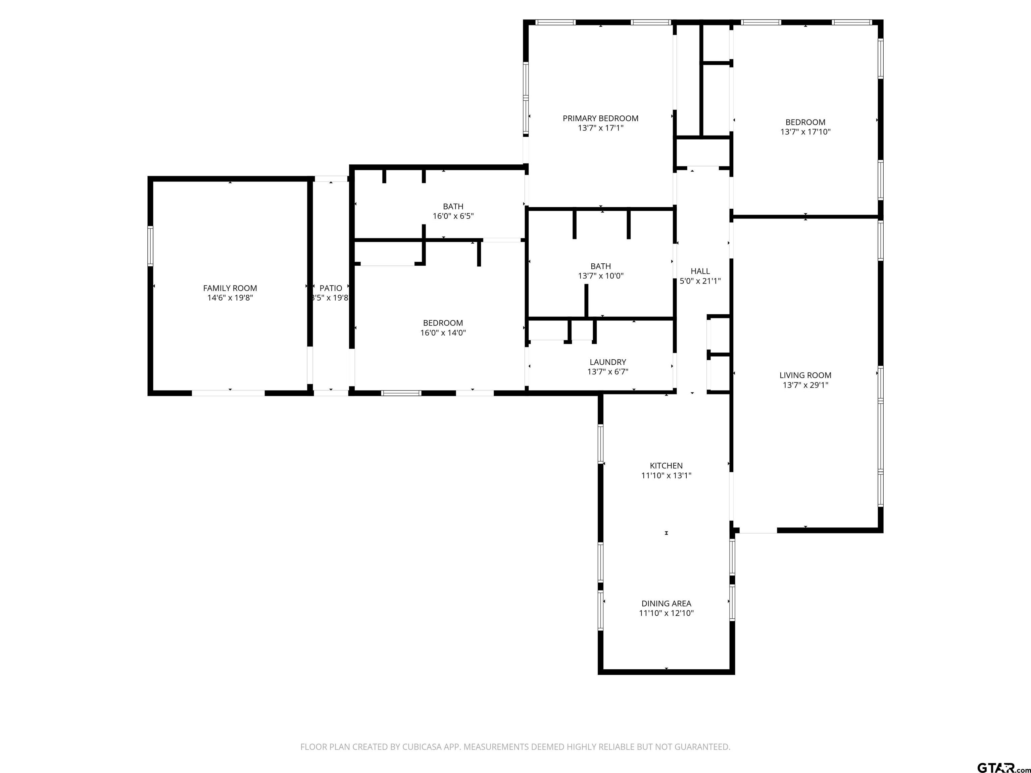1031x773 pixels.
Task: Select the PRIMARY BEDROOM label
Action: click(x=600, y=118)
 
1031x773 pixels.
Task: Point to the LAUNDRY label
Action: click(x=608, y=362)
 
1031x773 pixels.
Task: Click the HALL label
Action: click(x=700, y=271)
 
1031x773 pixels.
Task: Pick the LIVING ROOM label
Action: click(x=805, y=375)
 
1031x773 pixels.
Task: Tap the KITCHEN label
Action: click(x=666, y=465)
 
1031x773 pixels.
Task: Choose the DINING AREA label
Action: click(x=666, y=603)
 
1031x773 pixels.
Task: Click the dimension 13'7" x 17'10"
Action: click(x=805, y=132)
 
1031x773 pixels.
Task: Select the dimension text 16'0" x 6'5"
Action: click(x=453, y=216)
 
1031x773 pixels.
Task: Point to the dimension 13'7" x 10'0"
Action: click(x=600, y=276)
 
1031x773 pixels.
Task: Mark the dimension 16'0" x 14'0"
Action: click(x=443, y=333)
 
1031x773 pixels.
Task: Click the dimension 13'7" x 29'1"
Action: click(x=805, y=385)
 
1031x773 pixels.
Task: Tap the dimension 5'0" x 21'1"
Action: click(x=700, y=281)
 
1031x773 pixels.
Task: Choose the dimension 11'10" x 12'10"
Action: click(x=666, y=613)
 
